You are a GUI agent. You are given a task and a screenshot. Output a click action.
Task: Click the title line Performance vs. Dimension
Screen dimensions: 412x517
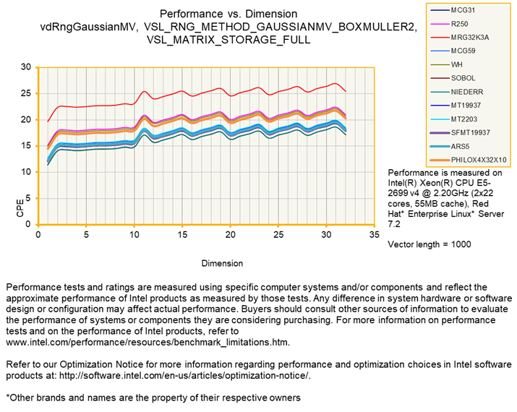(x=228, y=14)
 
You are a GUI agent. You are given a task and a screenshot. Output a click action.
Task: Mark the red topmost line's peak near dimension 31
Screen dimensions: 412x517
(x=334, y=83)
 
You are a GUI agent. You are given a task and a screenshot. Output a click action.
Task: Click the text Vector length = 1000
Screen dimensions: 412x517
(x=430, y=244)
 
